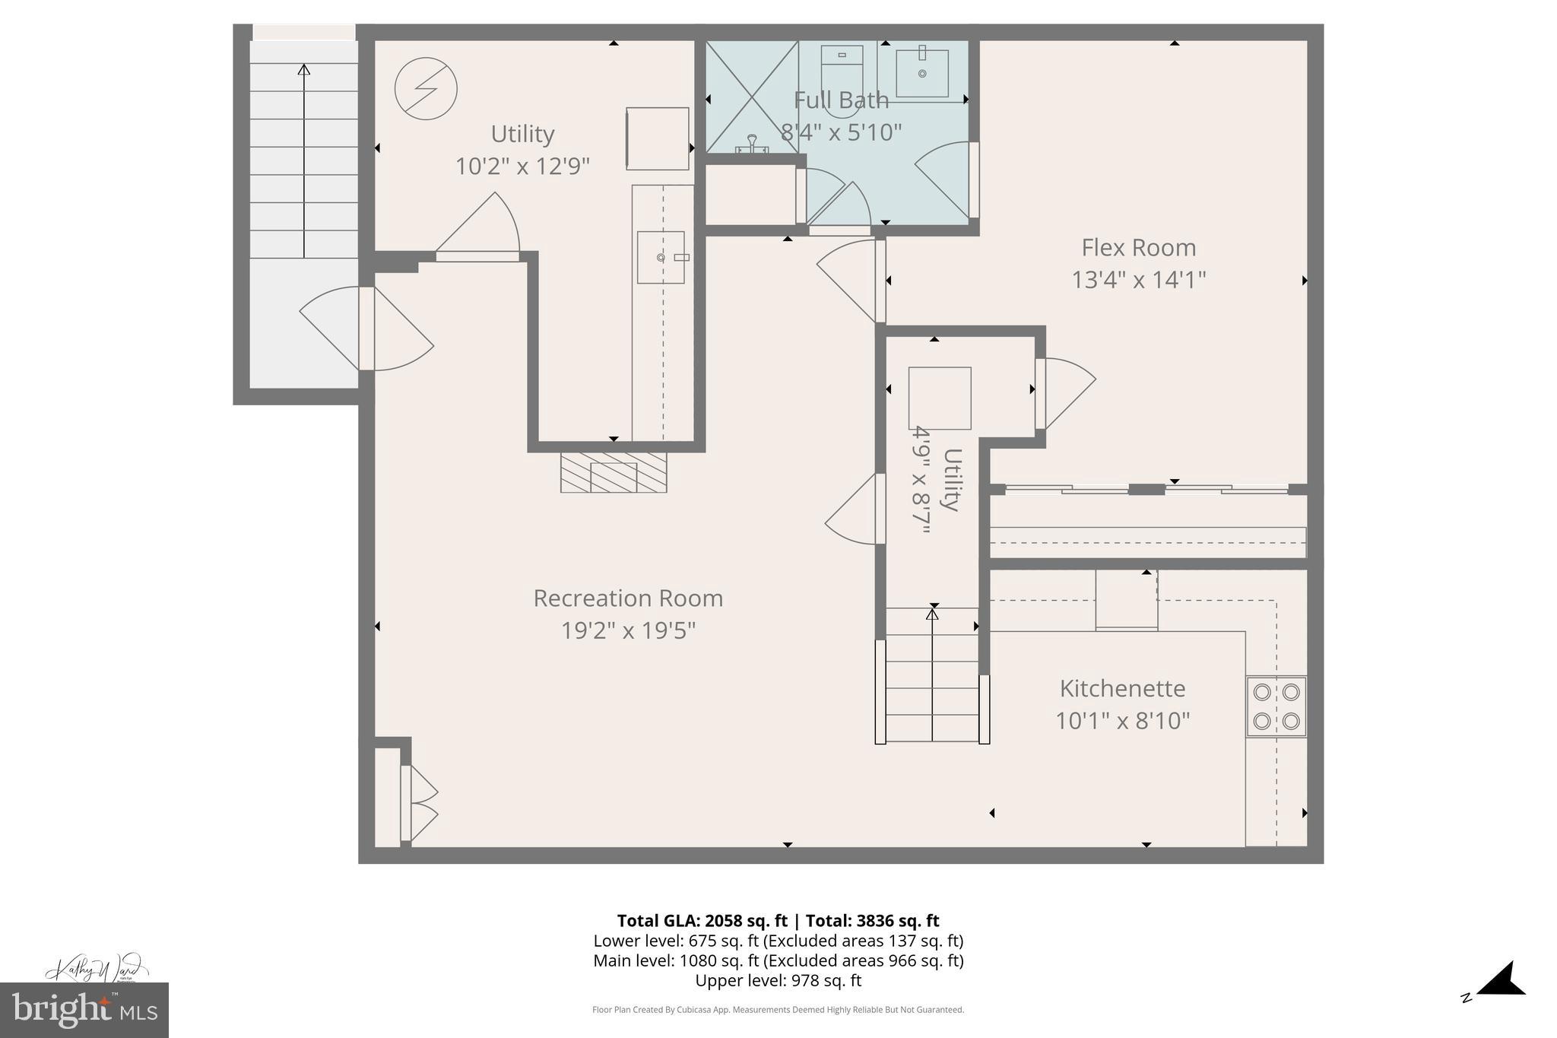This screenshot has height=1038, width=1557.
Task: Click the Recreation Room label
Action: (x=628, y=598)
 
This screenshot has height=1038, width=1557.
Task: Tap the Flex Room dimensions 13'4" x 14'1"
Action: (x=1138, y=280)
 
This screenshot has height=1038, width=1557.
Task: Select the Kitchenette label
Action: (x=1122, y=688)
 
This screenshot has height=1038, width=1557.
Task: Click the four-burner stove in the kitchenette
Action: (x=1276, y=706)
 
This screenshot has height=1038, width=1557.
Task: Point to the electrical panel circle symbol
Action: (x=426, y=89)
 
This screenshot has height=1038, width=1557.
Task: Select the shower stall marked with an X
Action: (x=751, y=97)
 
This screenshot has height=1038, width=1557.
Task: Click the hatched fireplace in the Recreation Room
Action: (x=614, y=472)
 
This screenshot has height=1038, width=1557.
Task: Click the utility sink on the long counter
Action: (x=661, y=258)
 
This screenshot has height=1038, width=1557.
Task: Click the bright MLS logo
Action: (x=84, y=1010)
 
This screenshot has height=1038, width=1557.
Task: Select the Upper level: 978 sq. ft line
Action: (x=778, y=980)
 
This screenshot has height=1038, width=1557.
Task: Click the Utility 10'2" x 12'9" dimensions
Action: (x=522, y=166)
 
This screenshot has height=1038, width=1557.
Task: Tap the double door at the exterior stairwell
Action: (x=366, y=329)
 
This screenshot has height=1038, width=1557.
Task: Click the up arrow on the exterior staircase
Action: (x=304, y=160)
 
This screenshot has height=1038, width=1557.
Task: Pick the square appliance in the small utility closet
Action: (x=940, y=398)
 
